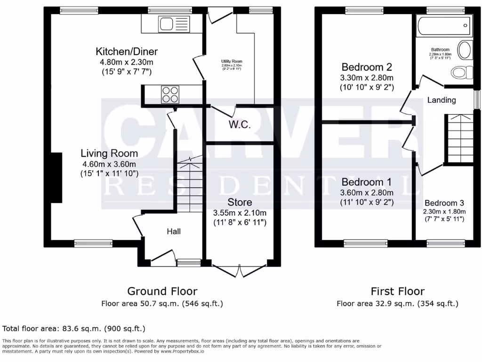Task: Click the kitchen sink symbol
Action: tap(167, 24)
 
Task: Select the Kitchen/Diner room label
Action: tap(127, 51)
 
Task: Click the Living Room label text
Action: tap(109, 153)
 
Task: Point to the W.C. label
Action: tap(240, 125)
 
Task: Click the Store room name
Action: tap(240, 202)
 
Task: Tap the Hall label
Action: tap(174, 231)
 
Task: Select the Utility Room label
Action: tap(232, 61)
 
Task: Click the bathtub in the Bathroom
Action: tap(444, 25)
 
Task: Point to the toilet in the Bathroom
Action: tap(461, 72)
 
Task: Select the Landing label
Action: tap(442, 100)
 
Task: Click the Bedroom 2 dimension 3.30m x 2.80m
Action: tap(367, 78)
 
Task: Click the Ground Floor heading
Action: tap(162, 291)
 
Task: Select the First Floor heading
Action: tap(397, 291)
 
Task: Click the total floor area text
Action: tap(74, 328)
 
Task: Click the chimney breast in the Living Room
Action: tap(56, 178)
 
